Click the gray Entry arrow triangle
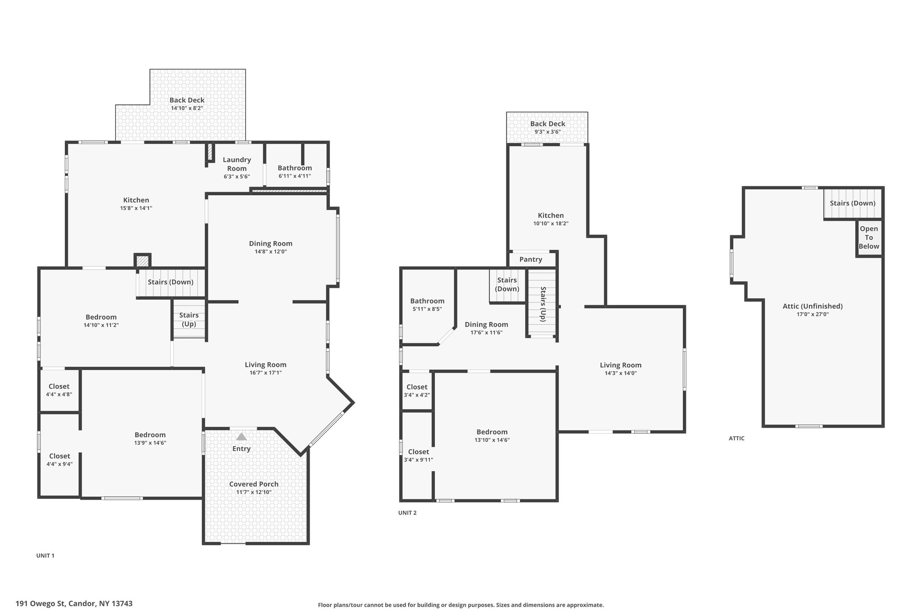[242, 436]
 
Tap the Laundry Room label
[237, 164]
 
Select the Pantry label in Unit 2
[531, 260]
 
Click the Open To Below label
[869, 238]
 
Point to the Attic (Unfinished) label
[813, 306]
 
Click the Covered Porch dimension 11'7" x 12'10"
[254, 492]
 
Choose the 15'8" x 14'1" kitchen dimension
[136, 208]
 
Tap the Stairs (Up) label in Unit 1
[189, 319]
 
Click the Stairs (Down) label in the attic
[853, 203]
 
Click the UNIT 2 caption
[407, 513]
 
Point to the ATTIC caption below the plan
[737, 438]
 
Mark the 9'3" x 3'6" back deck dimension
[547, 132]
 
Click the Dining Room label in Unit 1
[271, 243]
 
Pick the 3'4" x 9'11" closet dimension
[418, 460]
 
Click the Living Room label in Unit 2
[620, 365]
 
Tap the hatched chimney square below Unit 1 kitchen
[143, 261]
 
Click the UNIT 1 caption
[45, 556]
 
